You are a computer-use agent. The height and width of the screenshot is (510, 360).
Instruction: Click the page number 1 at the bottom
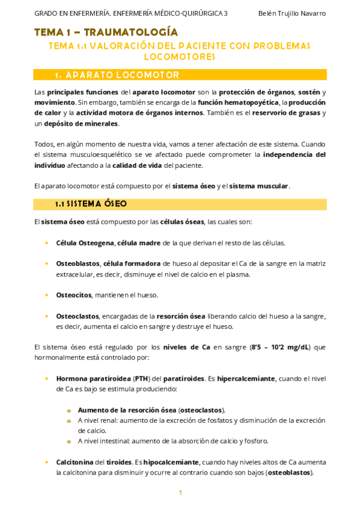[180, 493]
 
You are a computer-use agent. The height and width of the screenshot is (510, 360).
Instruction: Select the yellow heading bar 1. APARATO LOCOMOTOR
[180, 75]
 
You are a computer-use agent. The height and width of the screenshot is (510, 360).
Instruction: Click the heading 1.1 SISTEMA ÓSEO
[90, 204]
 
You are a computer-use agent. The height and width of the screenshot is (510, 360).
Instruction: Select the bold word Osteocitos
[73, 295]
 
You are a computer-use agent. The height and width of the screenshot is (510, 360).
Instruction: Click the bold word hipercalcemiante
[242, 379]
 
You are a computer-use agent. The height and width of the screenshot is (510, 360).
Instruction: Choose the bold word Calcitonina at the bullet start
[75, 462]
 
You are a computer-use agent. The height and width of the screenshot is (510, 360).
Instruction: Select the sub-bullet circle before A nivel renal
[69, 420]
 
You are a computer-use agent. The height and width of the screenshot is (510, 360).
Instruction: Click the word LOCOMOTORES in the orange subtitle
[180, 57]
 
